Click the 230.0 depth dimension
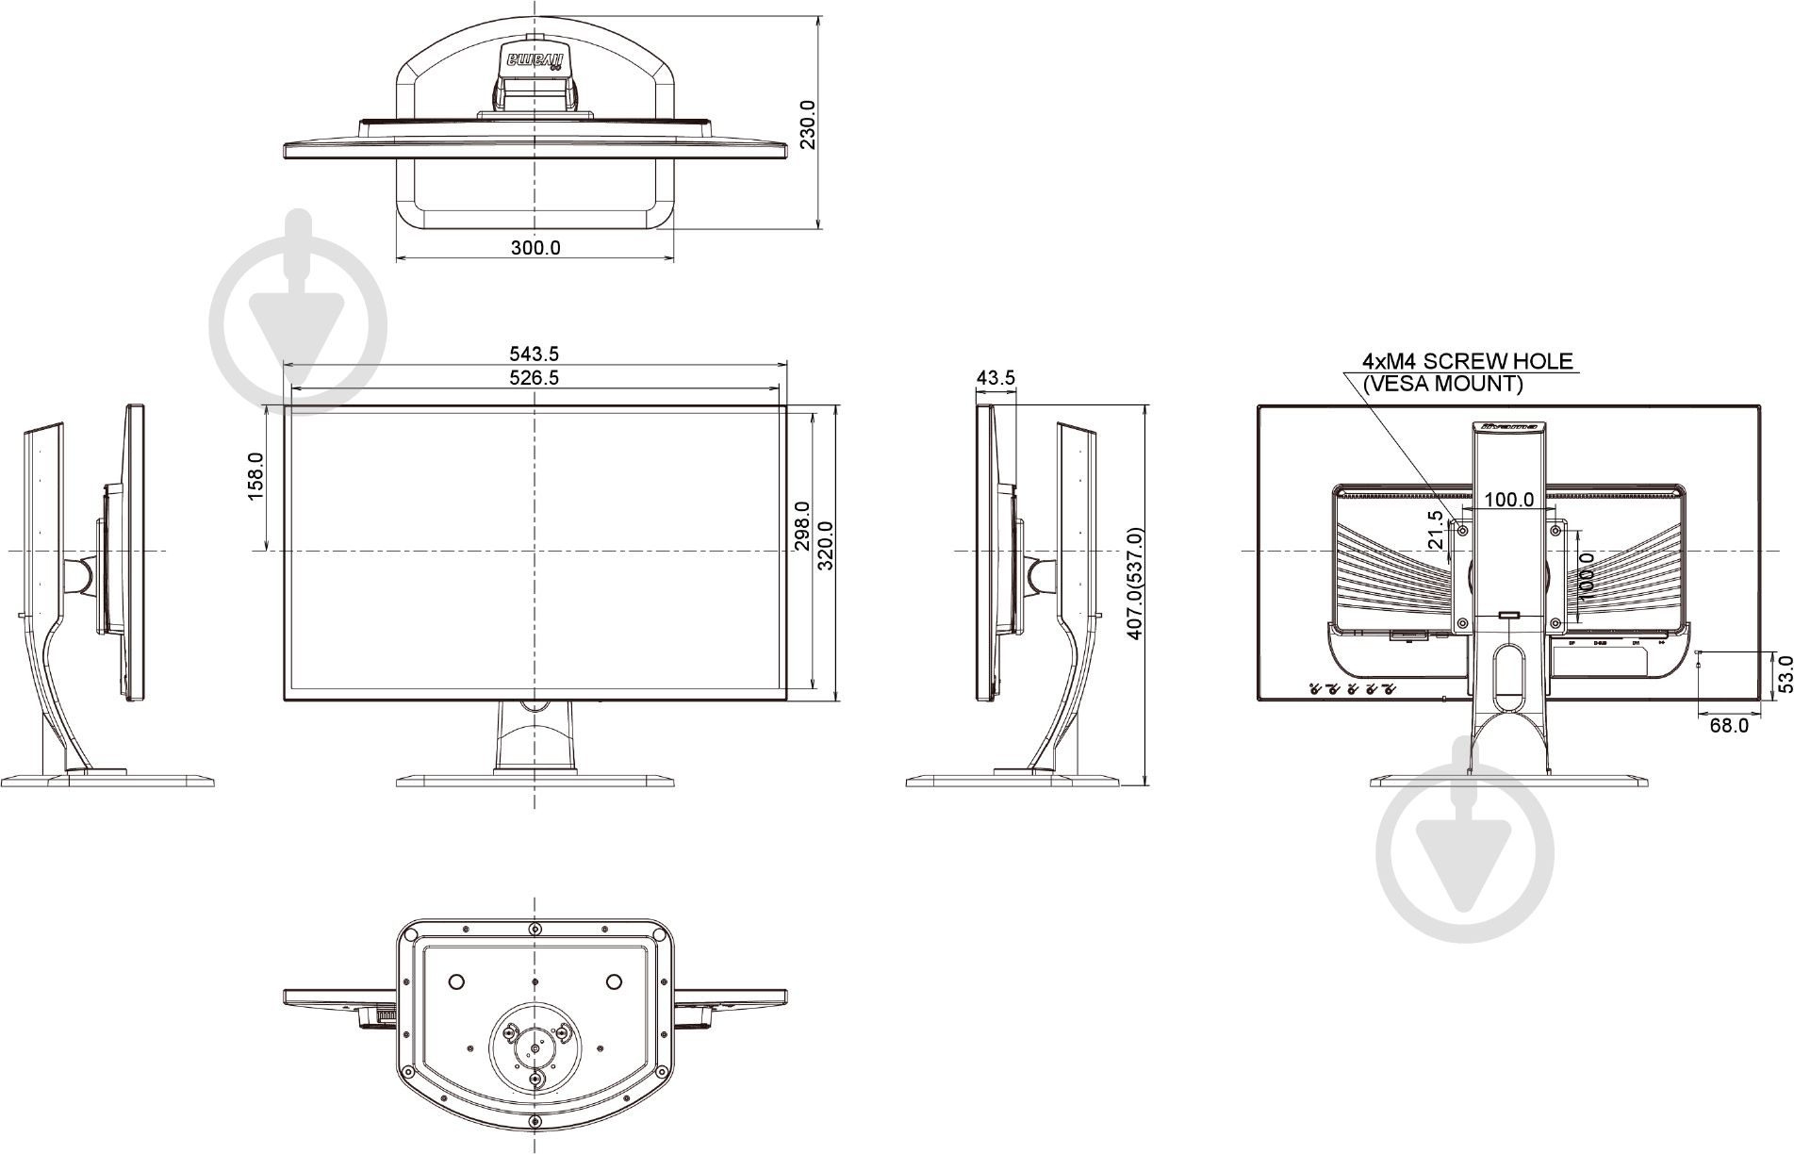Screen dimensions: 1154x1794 coord(807,124)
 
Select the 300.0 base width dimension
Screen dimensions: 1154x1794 coord(535,248)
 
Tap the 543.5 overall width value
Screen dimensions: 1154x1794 coord(535,354)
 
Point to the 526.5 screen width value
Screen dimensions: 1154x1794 coord(535,377)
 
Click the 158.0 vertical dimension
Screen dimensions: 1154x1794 coord(255,476)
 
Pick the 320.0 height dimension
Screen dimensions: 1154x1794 coord(826,546)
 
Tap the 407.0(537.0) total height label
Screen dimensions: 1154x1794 coord(1135,585)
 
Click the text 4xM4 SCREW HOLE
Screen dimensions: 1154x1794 coord(1467,361)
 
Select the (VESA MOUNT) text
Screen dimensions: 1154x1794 coord(1441,384)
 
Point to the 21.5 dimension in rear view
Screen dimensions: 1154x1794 coord(1435,530)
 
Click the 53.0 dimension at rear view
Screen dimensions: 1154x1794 coord(1783,675)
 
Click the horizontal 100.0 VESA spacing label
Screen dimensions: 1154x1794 coord(1509,500)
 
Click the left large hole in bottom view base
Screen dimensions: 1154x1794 coord(454,981)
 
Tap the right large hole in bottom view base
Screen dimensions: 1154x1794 coord(614,981)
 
